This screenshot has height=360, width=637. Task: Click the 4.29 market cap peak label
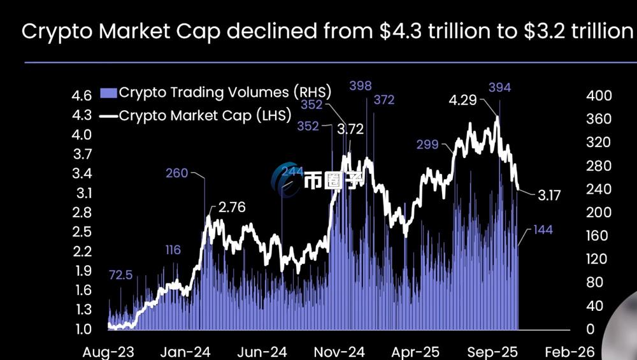(x=462, y=101)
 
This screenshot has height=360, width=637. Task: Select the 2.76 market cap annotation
(x=232, y=208)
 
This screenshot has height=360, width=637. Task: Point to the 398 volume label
(x=360, y=86)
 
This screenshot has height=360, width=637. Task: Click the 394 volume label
(x=499, y=87)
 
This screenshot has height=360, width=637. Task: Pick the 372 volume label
(x=384, y=100)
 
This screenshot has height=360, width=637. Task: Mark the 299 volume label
(x=427, y=145)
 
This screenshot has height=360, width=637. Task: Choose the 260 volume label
(x=176, y=173)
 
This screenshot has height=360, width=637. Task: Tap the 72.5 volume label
(x=121, y=275)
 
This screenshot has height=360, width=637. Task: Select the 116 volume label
(x=173, y=250)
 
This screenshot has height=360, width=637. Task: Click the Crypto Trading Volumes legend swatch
(x=109, y=93)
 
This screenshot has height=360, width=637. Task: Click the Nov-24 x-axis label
(x=340, y=352)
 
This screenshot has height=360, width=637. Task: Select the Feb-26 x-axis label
(x=574, y=352)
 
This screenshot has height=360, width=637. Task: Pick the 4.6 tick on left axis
(x=83, y=96)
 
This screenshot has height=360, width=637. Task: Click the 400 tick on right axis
(x=599, y=96)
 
